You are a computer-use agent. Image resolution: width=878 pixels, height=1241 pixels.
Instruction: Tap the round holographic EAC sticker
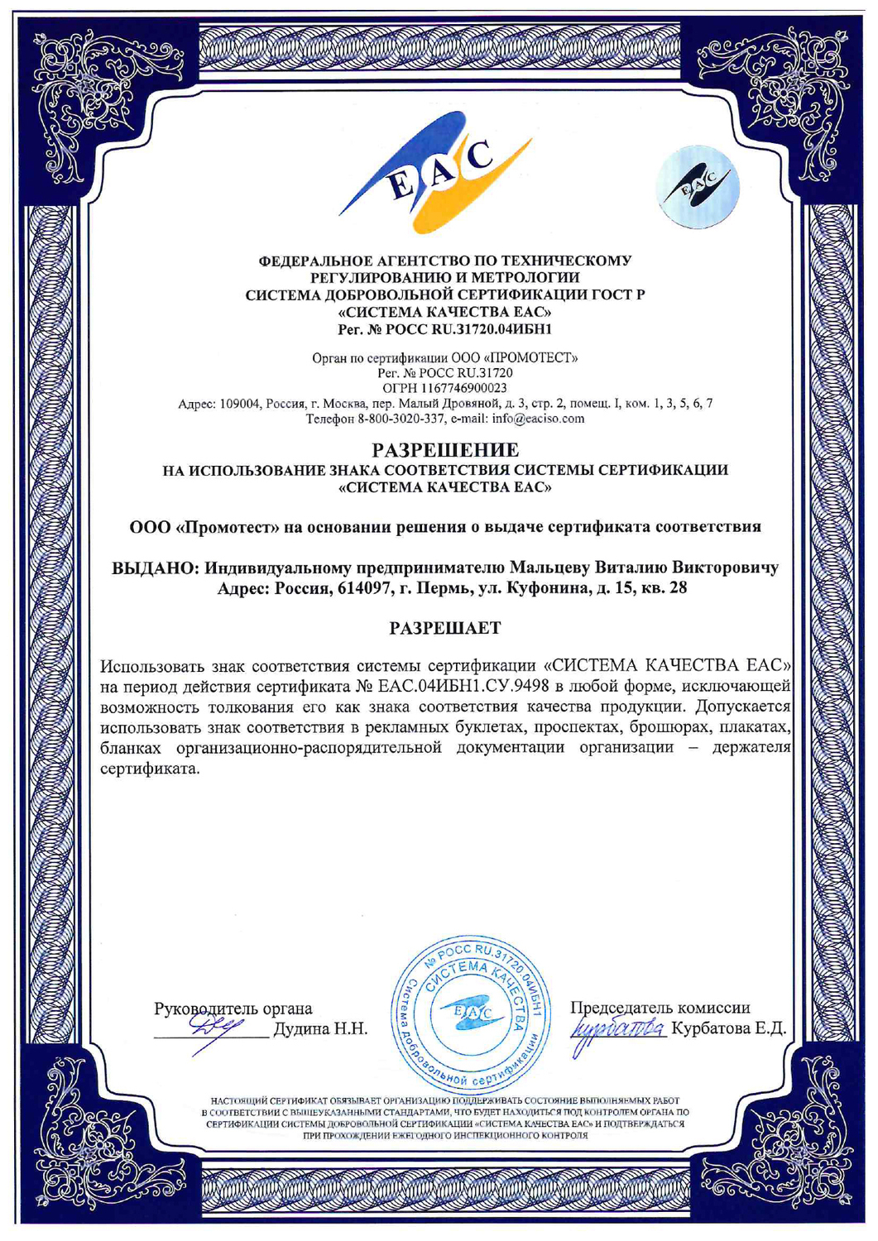tap(698, 187)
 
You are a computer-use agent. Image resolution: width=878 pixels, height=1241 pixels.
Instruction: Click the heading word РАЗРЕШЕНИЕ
tap(445, 451)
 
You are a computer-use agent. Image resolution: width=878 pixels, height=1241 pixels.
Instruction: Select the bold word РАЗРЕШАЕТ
tap(445, 628)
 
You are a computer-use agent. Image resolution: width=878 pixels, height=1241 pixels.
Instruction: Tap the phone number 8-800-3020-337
tap(401, 419)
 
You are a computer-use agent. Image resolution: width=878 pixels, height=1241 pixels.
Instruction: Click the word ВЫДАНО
tap(154, 569)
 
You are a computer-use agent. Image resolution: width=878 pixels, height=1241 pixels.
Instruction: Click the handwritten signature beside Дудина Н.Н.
tap(213, 1028)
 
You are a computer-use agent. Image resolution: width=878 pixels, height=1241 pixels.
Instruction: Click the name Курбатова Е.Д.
tap(728, 1029)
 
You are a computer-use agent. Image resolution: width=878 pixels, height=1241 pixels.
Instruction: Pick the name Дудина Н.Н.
tap(320, 1029)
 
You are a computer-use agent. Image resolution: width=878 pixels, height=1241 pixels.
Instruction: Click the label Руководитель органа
tap(233, 1009)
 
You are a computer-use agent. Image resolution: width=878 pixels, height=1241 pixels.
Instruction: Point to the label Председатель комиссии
tap(660, 1008)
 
